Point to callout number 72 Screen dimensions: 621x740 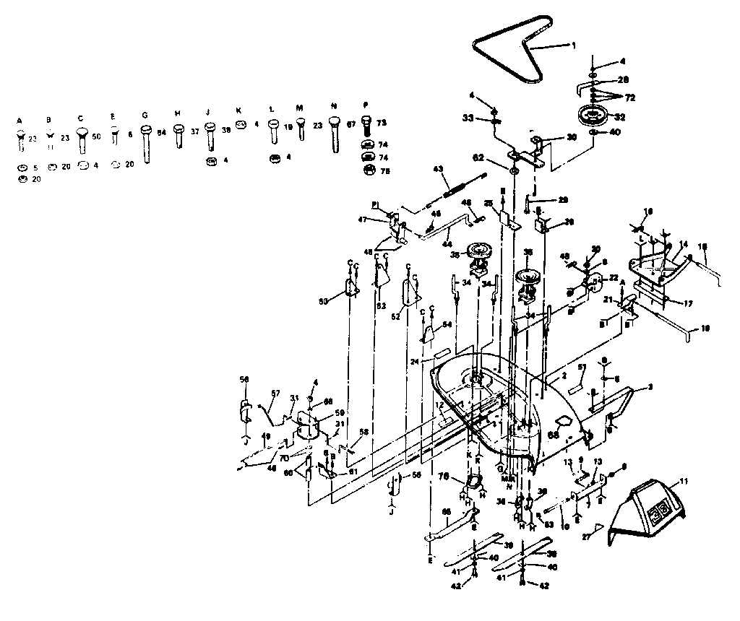[629, 97]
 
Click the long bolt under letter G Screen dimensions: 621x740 [145, 144]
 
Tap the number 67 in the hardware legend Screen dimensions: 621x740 [350, 125]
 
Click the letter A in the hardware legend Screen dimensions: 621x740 [20, 119]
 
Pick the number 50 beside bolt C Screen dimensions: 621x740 [96, 136]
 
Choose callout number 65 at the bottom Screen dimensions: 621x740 [446, 511]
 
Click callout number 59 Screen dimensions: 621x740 [339, 414]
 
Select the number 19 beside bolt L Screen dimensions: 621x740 [288, 126]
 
